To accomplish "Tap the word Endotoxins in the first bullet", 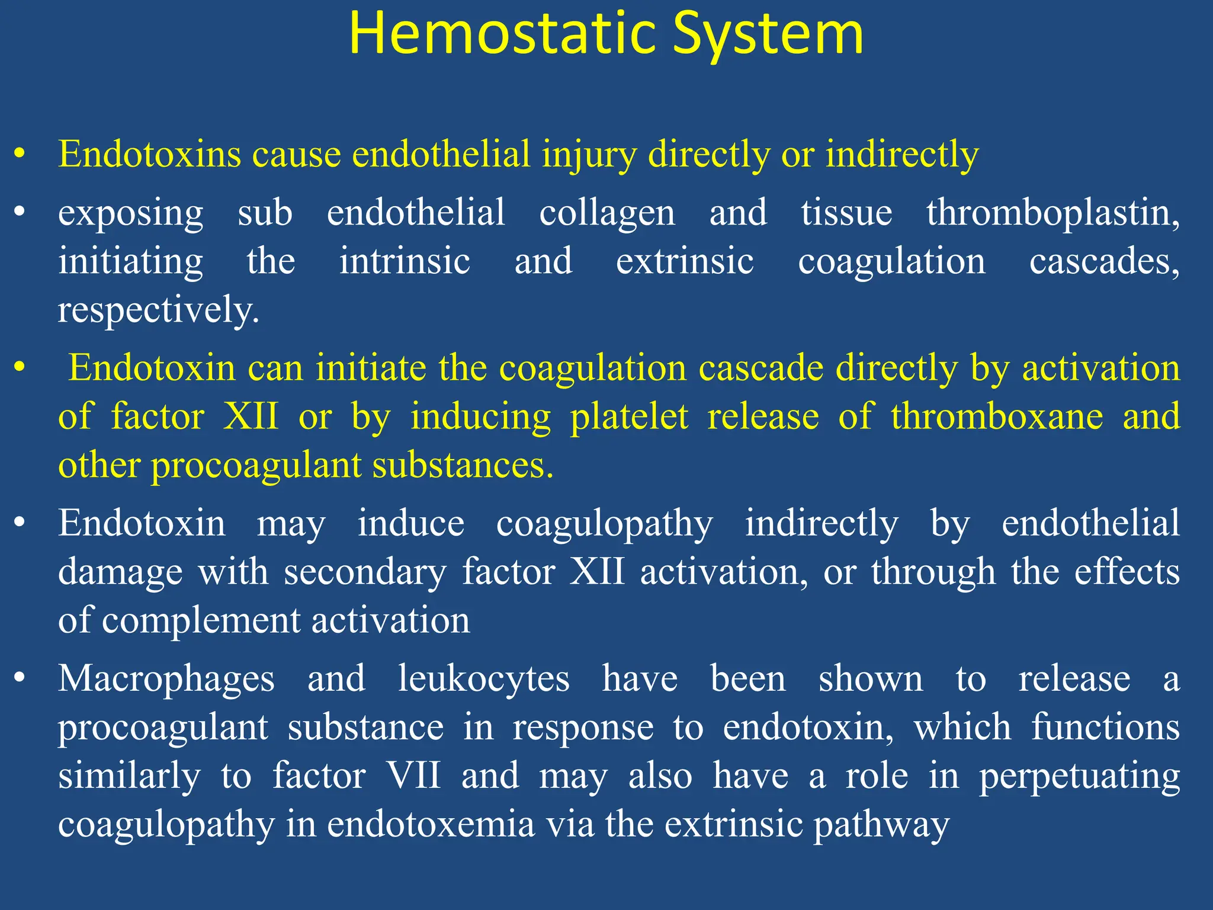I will point(149,154).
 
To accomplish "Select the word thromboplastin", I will point(1052,213).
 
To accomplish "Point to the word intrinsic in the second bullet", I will point(405,261).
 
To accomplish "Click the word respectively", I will point(158,310).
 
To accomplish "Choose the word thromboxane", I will point(997,416).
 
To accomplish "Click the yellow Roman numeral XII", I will point(251,416).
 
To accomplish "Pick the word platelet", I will point(629,416).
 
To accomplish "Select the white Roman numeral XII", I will point(597,572).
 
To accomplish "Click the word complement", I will point(201,621).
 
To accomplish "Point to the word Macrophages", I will point(166,679).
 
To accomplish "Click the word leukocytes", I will point(483,679).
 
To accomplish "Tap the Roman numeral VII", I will point(413,776).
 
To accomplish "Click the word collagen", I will point(607,213).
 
